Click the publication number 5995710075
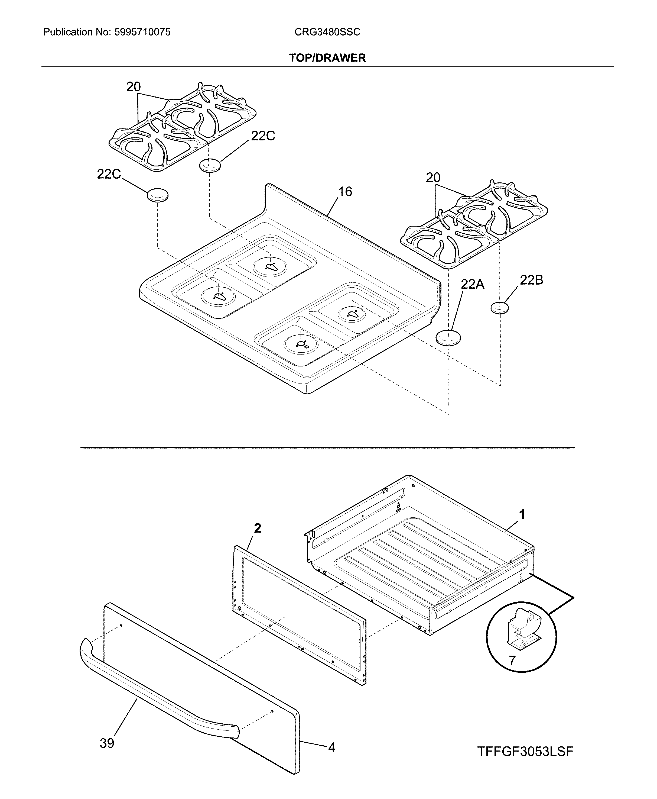[x=142, y=32]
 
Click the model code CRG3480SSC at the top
[x=327, y=32]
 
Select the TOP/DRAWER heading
[x=327, y=58]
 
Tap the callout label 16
[x=345, y=192]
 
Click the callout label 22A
[x=472, y=284]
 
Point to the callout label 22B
[x=531, y=280]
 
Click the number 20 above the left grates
[x=133, y=87]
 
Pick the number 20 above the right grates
[x=433, y=178]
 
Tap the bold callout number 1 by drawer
[x=522, y=515]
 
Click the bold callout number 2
[x=257, y=528]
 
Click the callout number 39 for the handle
[x=107, y=743]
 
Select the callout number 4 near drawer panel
[x=331, y=748]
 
